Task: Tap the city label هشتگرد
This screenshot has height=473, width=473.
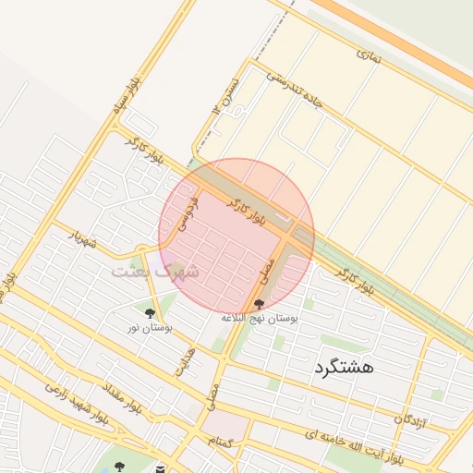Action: pos(343,367)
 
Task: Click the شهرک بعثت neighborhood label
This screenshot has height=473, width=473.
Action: pos(155,272)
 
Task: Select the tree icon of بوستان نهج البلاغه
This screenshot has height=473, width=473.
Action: pos(260,304)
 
